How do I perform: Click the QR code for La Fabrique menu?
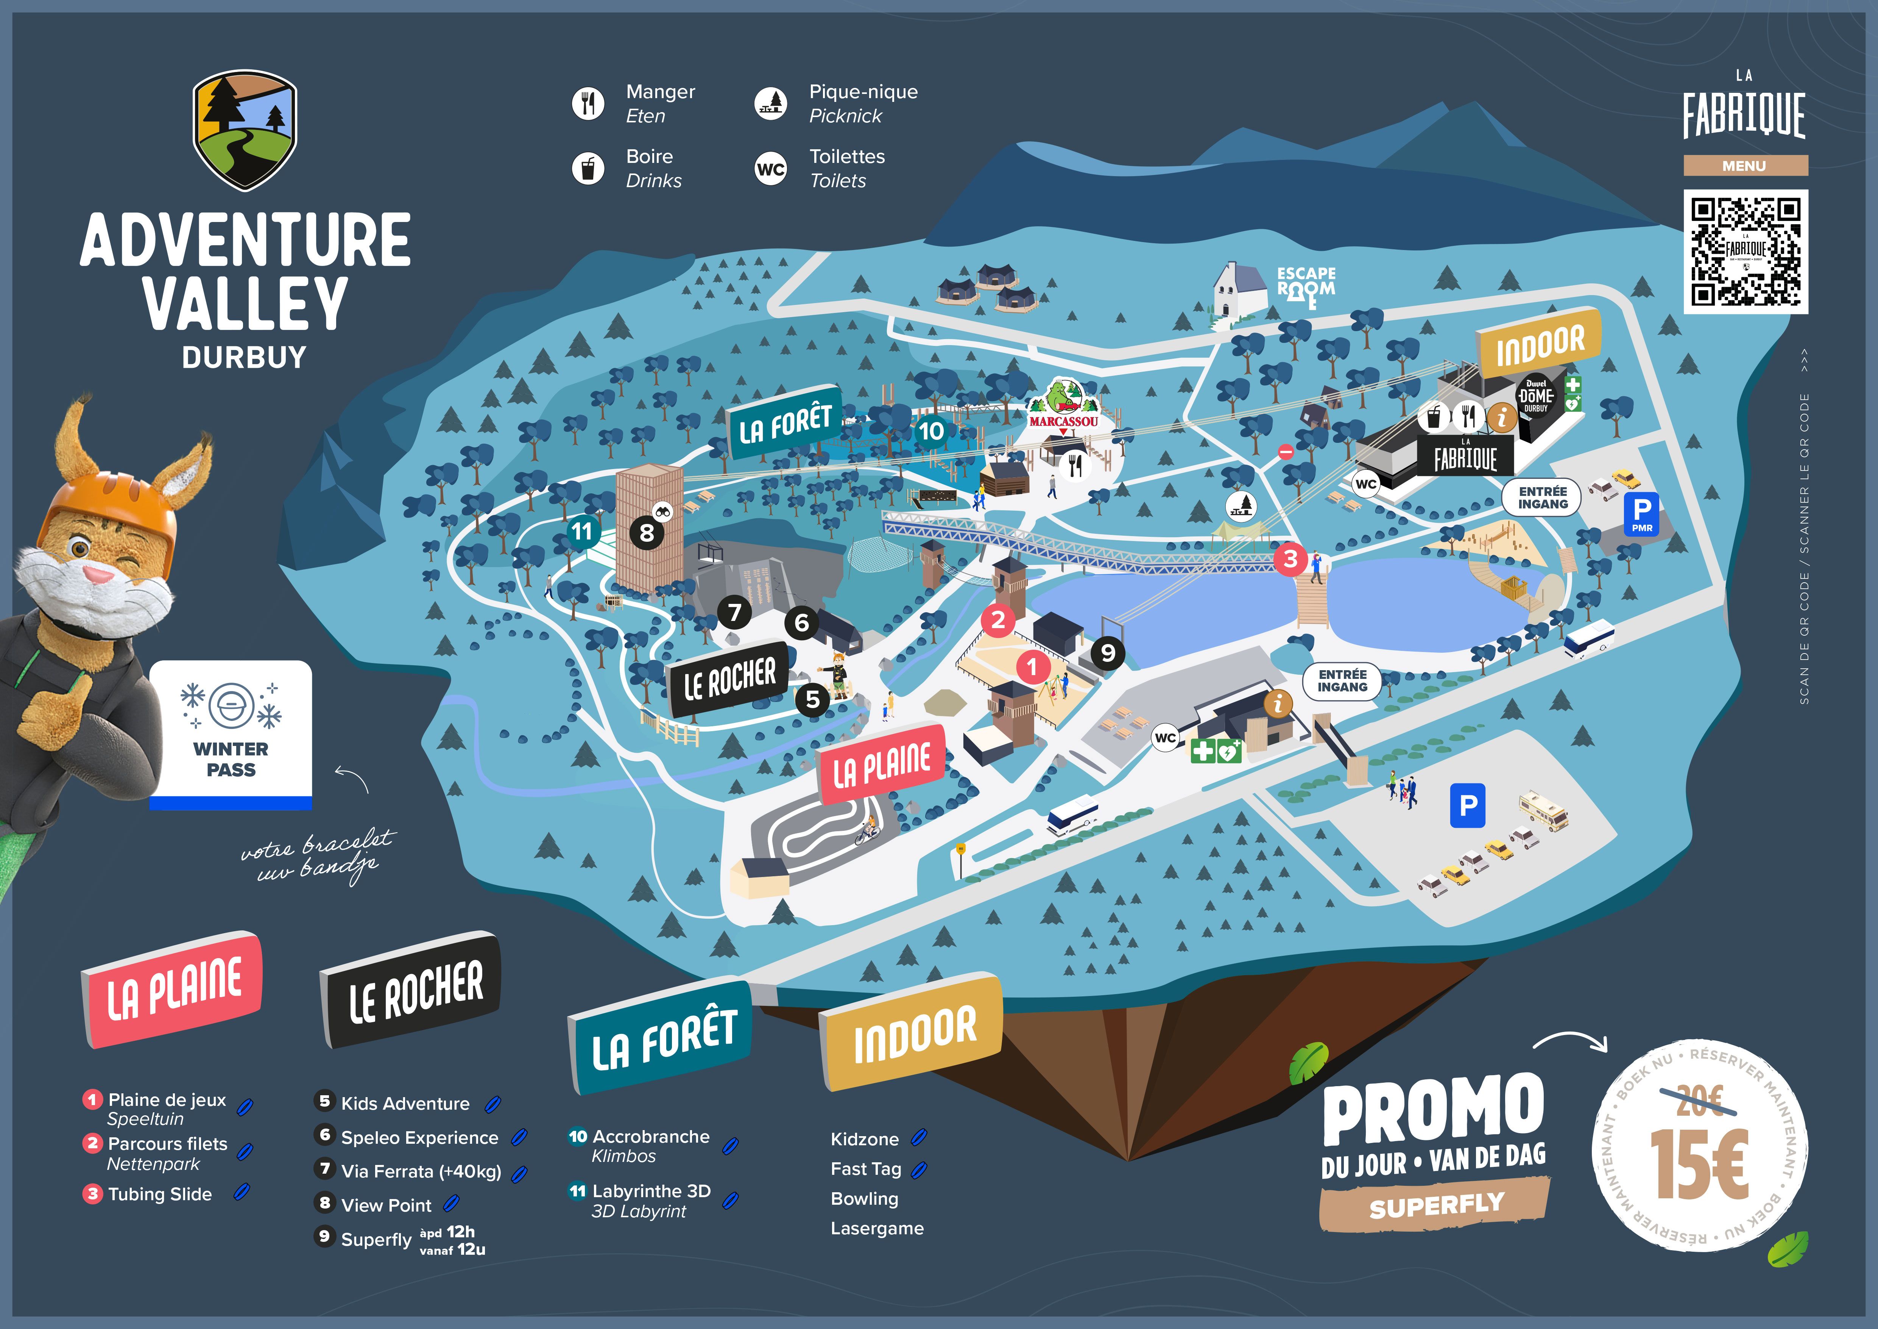(x=1745, y=251)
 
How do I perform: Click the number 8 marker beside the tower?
(x=646, y=533)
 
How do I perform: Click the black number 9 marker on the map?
(x=1108, y=652)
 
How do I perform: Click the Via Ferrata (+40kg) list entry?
(x=421, y=1171)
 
